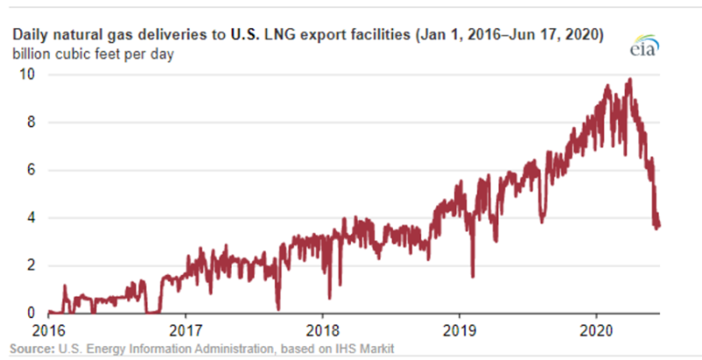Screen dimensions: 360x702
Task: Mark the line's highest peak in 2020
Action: (x=628, y=80)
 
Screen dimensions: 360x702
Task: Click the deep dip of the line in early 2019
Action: (x=473, y=276)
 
